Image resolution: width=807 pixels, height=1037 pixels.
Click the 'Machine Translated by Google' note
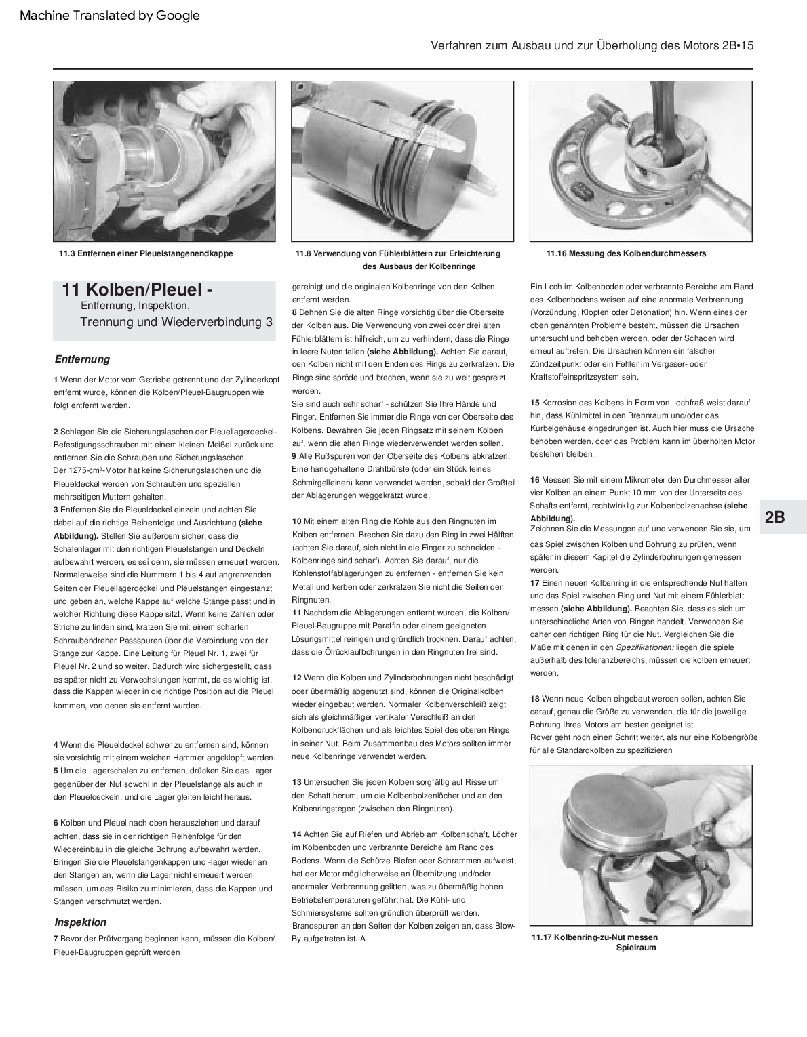coord(110,15)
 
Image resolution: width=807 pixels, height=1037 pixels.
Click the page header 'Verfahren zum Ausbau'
coord(592,46)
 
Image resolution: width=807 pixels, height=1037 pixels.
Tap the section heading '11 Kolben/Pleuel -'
coord(138,290)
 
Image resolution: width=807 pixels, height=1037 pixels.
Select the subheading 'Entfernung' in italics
coord(82,359)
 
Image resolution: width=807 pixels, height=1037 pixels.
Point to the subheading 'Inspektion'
coord(81,922)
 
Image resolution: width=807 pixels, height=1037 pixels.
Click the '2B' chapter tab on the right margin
coord(774,517)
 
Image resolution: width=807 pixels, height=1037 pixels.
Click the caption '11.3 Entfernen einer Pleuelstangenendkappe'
coord(146,253)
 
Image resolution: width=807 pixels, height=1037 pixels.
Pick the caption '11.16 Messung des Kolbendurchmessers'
coord(626,253)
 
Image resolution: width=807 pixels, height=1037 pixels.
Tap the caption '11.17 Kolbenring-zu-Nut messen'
coord(595,937)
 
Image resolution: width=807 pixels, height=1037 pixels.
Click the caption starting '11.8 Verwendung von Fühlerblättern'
coord(398,253)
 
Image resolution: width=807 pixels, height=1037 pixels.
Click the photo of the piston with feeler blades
coord(402,161)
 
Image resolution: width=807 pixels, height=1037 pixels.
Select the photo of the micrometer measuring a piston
coord(641,161)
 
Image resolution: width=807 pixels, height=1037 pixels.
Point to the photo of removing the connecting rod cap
coord(165,161)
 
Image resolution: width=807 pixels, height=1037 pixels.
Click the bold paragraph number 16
coord(534,480)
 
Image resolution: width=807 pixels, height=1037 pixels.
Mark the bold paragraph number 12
coord(297,678)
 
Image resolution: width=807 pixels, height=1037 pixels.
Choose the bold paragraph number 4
coord(56,745)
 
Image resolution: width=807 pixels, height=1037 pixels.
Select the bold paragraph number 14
coord(297,834)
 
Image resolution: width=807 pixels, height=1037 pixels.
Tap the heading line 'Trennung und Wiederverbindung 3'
coord(176,322)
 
